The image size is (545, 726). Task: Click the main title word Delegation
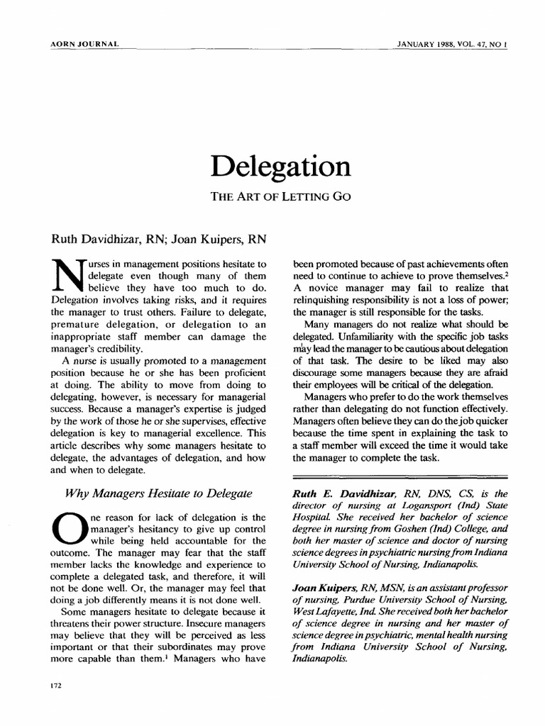click(280, 167)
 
